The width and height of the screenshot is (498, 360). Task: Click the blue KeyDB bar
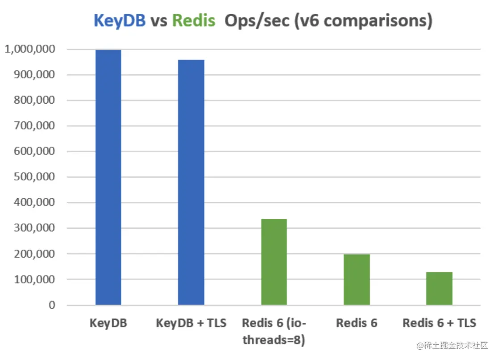tap(108, 177)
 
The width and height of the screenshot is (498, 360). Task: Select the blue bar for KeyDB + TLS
tap(191, 182)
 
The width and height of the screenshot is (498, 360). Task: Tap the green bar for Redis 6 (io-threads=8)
tap(274, 262)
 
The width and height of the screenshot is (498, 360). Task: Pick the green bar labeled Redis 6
tap(357, 279)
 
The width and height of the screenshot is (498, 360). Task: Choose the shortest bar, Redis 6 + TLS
tap(439, 288)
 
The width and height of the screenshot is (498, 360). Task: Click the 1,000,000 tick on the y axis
tap(30, 49)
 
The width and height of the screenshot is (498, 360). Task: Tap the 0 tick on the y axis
tap(53, 305)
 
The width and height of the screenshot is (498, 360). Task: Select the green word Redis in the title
tap(194, 21)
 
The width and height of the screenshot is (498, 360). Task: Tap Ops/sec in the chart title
tap(256, 21)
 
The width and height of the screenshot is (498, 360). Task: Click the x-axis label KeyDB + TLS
tap(191, 323)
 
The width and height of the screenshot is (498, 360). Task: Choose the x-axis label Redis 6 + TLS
tap(439, 323)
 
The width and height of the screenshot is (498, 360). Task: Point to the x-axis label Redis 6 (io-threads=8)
tap(274, 331)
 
